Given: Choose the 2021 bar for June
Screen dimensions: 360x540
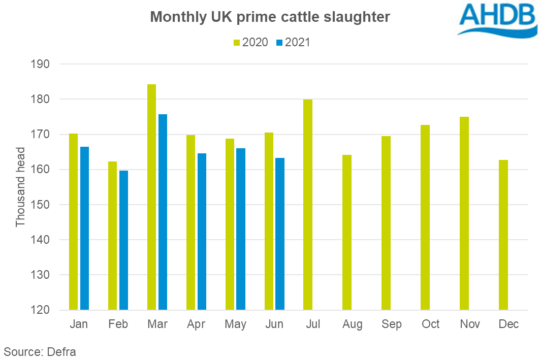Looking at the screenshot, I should [280, 234].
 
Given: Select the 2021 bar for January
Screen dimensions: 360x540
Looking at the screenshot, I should [84, 228].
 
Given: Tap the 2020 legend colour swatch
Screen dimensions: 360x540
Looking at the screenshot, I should [236, 43].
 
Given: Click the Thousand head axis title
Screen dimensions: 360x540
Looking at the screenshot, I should [20, 187].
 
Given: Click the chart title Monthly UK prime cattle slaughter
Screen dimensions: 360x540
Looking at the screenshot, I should [270, 17].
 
